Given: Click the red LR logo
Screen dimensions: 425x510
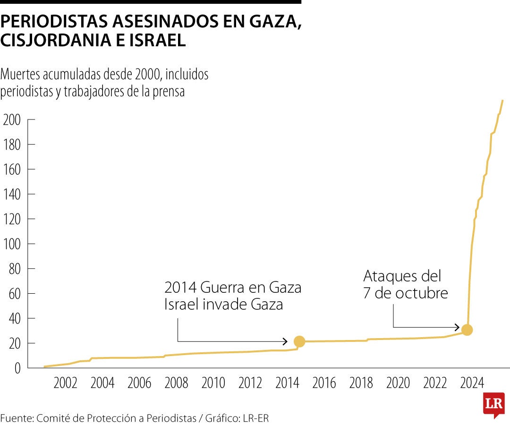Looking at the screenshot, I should (493, 404).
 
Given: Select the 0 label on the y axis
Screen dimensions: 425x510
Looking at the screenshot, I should (17, 368).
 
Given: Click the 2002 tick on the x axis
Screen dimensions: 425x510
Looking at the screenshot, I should (65, 383).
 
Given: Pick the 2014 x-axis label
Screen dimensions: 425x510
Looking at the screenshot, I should (288, 383).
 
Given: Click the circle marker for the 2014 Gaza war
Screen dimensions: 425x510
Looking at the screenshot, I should (299, 341).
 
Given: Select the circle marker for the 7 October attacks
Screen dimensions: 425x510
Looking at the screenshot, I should (467, 330).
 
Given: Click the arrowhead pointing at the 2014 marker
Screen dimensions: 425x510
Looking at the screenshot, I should (285, 341).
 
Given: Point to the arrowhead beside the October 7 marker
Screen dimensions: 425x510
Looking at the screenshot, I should (457, 327).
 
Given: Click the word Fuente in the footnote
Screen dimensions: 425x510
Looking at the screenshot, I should (16, 417).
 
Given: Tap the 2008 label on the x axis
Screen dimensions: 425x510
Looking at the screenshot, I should (176, 383).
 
